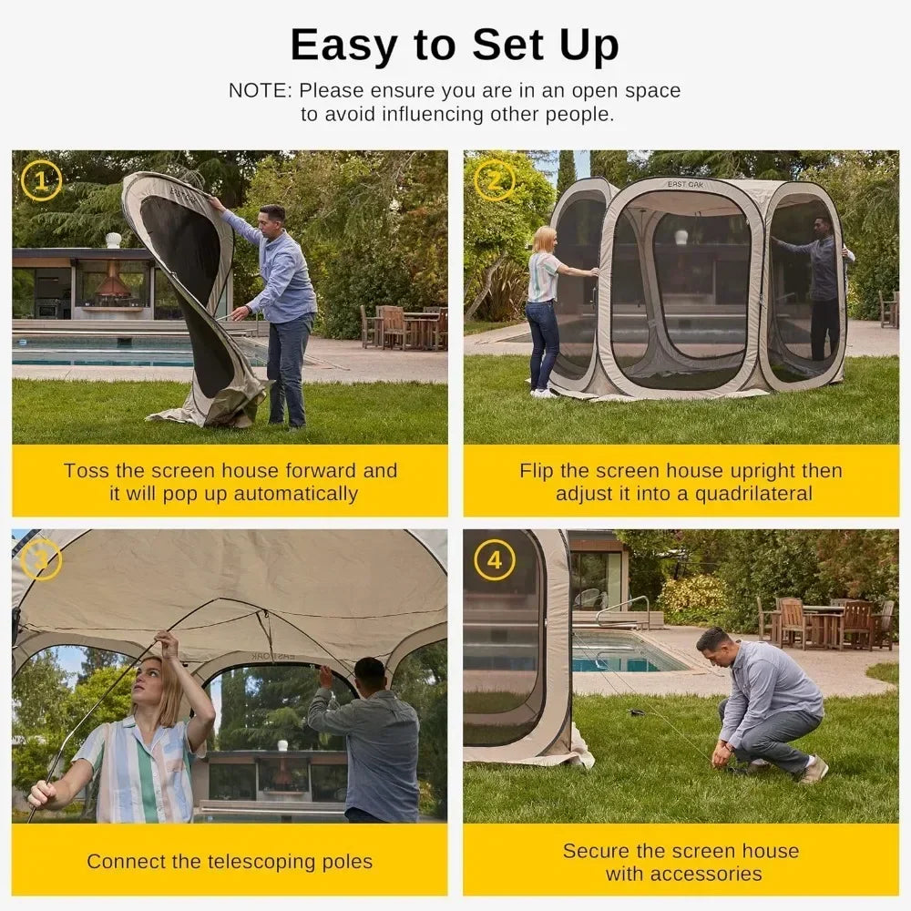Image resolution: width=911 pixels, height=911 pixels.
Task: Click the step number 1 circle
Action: (41, 180)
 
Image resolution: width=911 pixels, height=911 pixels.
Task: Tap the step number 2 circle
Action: (494, 180)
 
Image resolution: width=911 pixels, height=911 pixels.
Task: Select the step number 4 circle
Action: (494, 560)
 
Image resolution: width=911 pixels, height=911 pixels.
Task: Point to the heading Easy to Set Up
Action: (455, 45)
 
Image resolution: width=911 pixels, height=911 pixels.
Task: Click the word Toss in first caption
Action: (87, 471)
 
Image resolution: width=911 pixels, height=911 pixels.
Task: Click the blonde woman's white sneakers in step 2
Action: (543, 393)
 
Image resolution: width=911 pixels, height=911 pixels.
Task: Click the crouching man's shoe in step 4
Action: (814, 771)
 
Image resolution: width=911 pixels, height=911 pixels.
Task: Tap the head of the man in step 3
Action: (369, 675)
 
